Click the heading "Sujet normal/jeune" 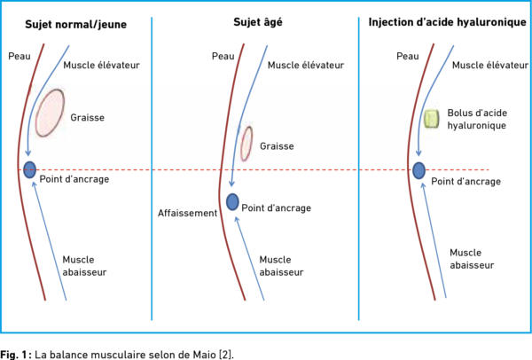(75, 25)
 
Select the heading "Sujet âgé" (258, 22)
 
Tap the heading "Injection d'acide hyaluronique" (447, 22)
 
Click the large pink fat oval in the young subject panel (50, 113)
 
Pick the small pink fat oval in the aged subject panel (246, 143)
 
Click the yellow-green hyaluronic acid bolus (431, 119)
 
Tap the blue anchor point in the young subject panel (30, 169)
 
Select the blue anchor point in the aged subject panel (232, 202)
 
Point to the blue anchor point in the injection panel (419, 170)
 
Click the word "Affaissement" (187, 213)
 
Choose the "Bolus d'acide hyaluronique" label (477, 119)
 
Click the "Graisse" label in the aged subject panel (277, 146)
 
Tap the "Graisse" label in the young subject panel (87, 118)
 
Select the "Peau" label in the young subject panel (20, 56)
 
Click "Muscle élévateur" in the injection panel (490, 65)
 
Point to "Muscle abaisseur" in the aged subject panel (281, 266)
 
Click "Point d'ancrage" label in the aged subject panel (276, 208)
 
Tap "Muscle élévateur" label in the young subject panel (101, 65)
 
